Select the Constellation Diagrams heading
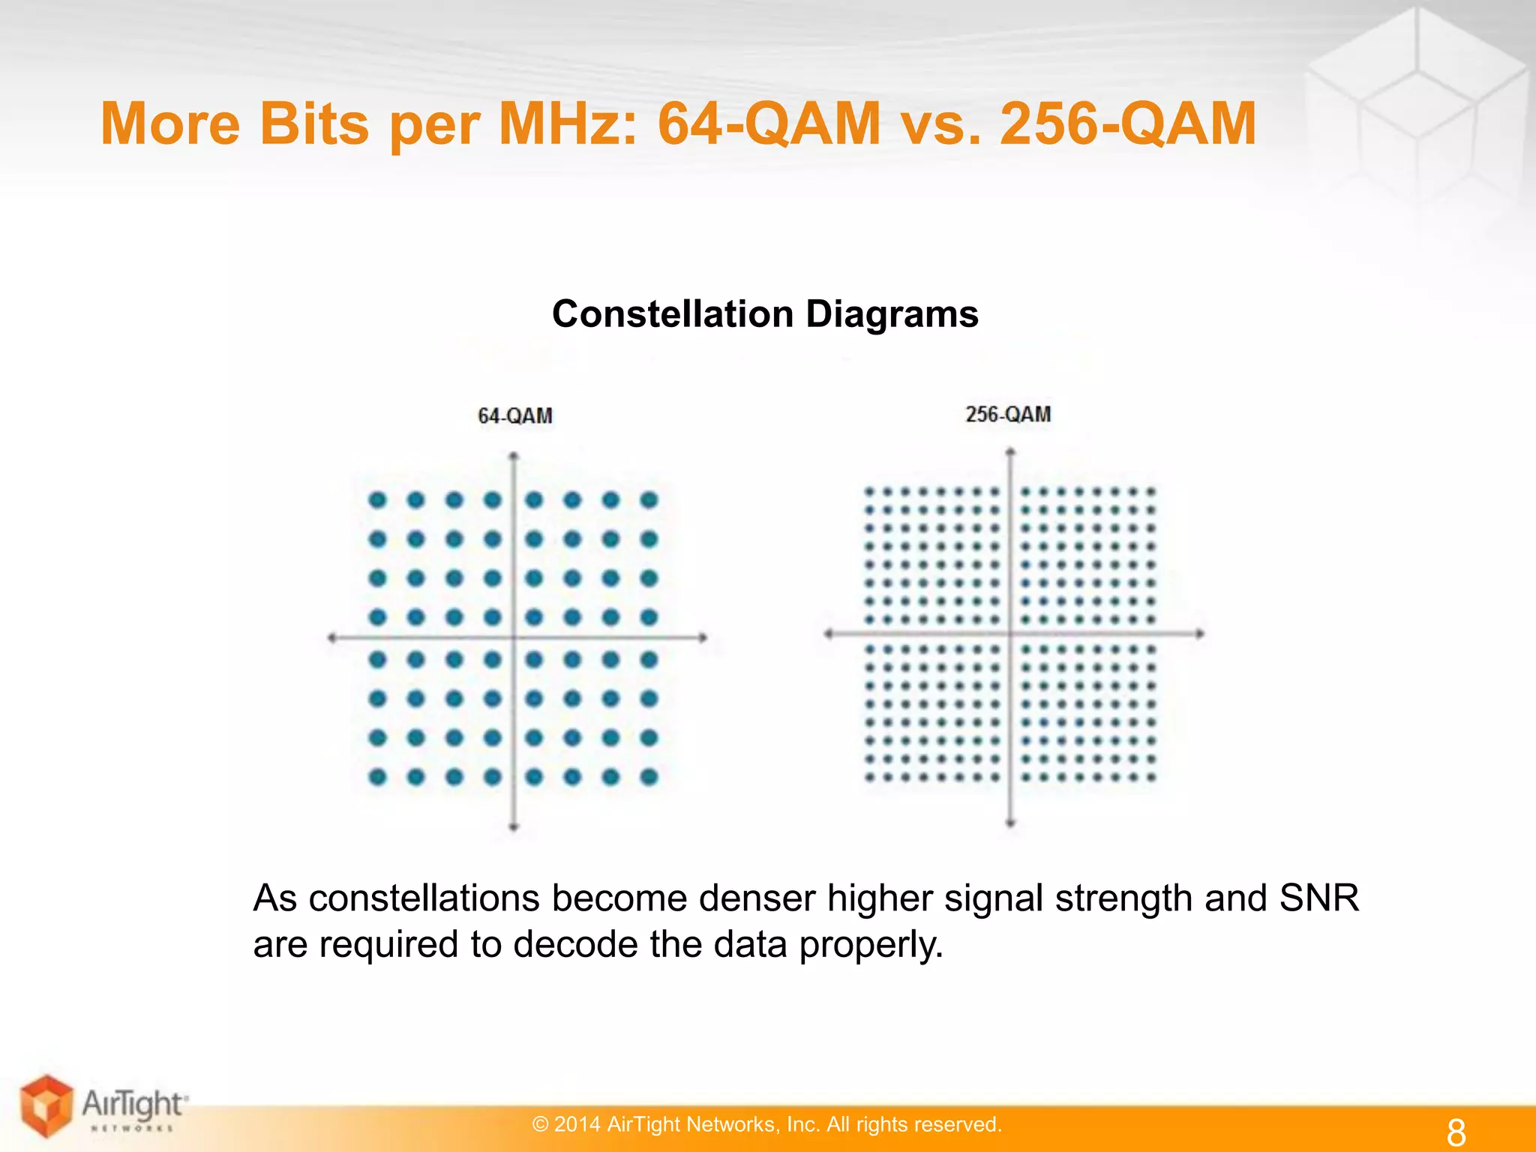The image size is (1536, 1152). (765, 313)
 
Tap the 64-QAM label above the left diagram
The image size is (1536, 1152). (515, 415)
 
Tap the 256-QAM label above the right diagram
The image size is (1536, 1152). (1008, 414)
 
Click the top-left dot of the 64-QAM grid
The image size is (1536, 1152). (378, 499)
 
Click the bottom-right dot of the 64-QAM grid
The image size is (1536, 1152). (649, 777)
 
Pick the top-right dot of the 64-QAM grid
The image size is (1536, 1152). (649, 499)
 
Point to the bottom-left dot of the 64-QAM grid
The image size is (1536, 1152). (378, 777)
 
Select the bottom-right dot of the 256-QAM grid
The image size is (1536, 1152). (1151, 778)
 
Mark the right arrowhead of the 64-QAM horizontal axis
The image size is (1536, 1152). (703, 637)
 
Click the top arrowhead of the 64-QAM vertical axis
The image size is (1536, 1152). (514, 456)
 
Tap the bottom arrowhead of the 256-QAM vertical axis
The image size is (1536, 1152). (1010, 823)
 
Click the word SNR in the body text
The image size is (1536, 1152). (1318, 898)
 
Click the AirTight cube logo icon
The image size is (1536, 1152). (47, 1105)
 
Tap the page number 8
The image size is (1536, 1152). (1456, 1132)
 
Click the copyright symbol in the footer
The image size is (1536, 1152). (540, 1124)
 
